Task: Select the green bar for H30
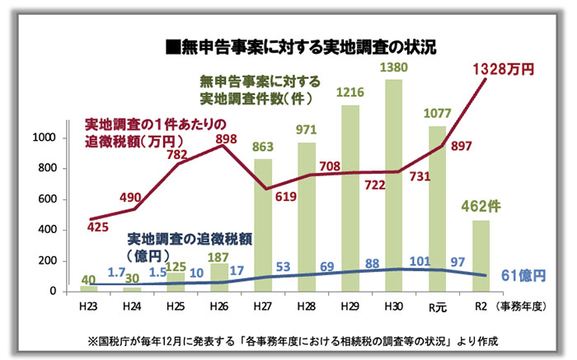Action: [x=393, y=185]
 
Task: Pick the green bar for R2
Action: [x=481, y=255]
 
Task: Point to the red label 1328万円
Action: [x=504, y=71]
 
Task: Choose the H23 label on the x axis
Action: [x=88, y=306]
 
